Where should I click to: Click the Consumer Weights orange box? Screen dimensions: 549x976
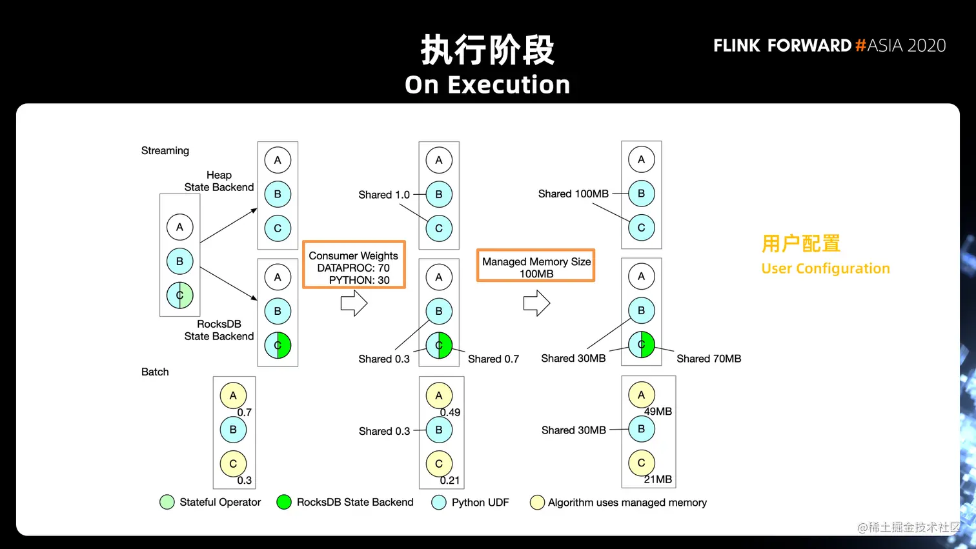354,265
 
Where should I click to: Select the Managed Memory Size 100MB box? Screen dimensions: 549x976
536,266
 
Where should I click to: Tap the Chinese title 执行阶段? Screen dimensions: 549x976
487,50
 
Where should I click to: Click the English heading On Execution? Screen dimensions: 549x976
487,85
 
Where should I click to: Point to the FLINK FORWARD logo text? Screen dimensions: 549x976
782,46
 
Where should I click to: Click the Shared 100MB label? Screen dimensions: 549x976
573,194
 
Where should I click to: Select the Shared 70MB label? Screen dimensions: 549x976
709,359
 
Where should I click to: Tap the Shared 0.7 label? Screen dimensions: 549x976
493,359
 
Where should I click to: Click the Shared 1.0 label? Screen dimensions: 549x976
384,195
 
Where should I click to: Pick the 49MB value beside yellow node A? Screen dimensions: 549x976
658,412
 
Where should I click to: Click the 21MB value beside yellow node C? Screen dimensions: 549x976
658,479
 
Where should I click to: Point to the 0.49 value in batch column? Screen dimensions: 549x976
450,412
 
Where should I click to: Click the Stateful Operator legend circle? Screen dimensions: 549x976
167,503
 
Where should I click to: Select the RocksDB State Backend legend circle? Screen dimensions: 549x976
284,503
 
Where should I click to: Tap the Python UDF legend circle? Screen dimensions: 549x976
439,503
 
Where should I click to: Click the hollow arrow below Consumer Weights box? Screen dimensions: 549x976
354,303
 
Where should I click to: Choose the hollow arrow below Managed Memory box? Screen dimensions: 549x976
536,303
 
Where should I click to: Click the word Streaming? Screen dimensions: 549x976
165,151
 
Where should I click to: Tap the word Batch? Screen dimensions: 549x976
155,372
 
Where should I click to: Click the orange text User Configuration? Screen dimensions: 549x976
826,268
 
